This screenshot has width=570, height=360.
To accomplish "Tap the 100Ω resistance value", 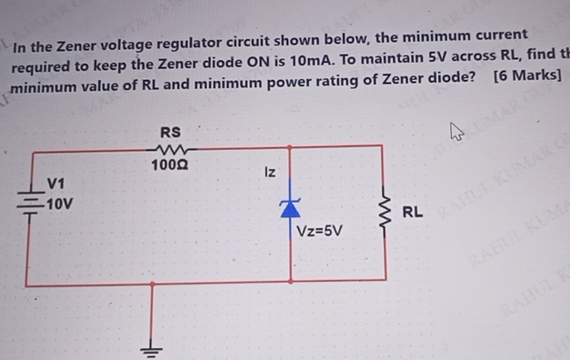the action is point(170,165).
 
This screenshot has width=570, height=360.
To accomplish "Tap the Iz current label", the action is point(270,172).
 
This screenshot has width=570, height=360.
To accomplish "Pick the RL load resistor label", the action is point(412,213).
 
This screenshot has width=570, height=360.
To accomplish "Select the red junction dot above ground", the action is point(153,283).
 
